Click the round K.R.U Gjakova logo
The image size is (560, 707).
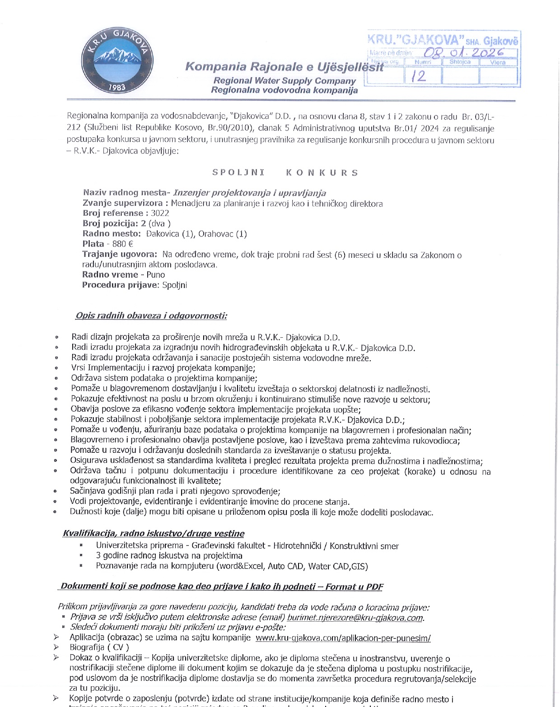(x=117, y=61)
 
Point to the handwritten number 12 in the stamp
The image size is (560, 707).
(x=418, y=76)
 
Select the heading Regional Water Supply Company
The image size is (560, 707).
(x=285, y=81)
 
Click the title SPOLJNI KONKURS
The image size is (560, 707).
(x=285, y=173)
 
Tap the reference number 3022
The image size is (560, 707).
(x=160, y=213)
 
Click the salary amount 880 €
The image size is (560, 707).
(x=122, y=244)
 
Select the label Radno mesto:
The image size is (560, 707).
(x=112, y=234)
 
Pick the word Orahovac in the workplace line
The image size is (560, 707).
(x=216, y=234)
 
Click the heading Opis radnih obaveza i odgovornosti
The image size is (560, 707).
(x=151, y=316)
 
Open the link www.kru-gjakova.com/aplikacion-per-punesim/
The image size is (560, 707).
(x=343, y=638)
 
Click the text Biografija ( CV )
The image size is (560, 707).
(x=99, y=647)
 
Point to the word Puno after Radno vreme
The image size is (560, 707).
(x=155, y=274)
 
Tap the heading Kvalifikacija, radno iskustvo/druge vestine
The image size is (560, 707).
(x=154, y=534)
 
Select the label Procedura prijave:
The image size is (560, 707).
(x=121, y=285)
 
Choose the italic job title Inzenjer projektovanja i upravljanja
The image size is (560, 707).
(x=250, y=193)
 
